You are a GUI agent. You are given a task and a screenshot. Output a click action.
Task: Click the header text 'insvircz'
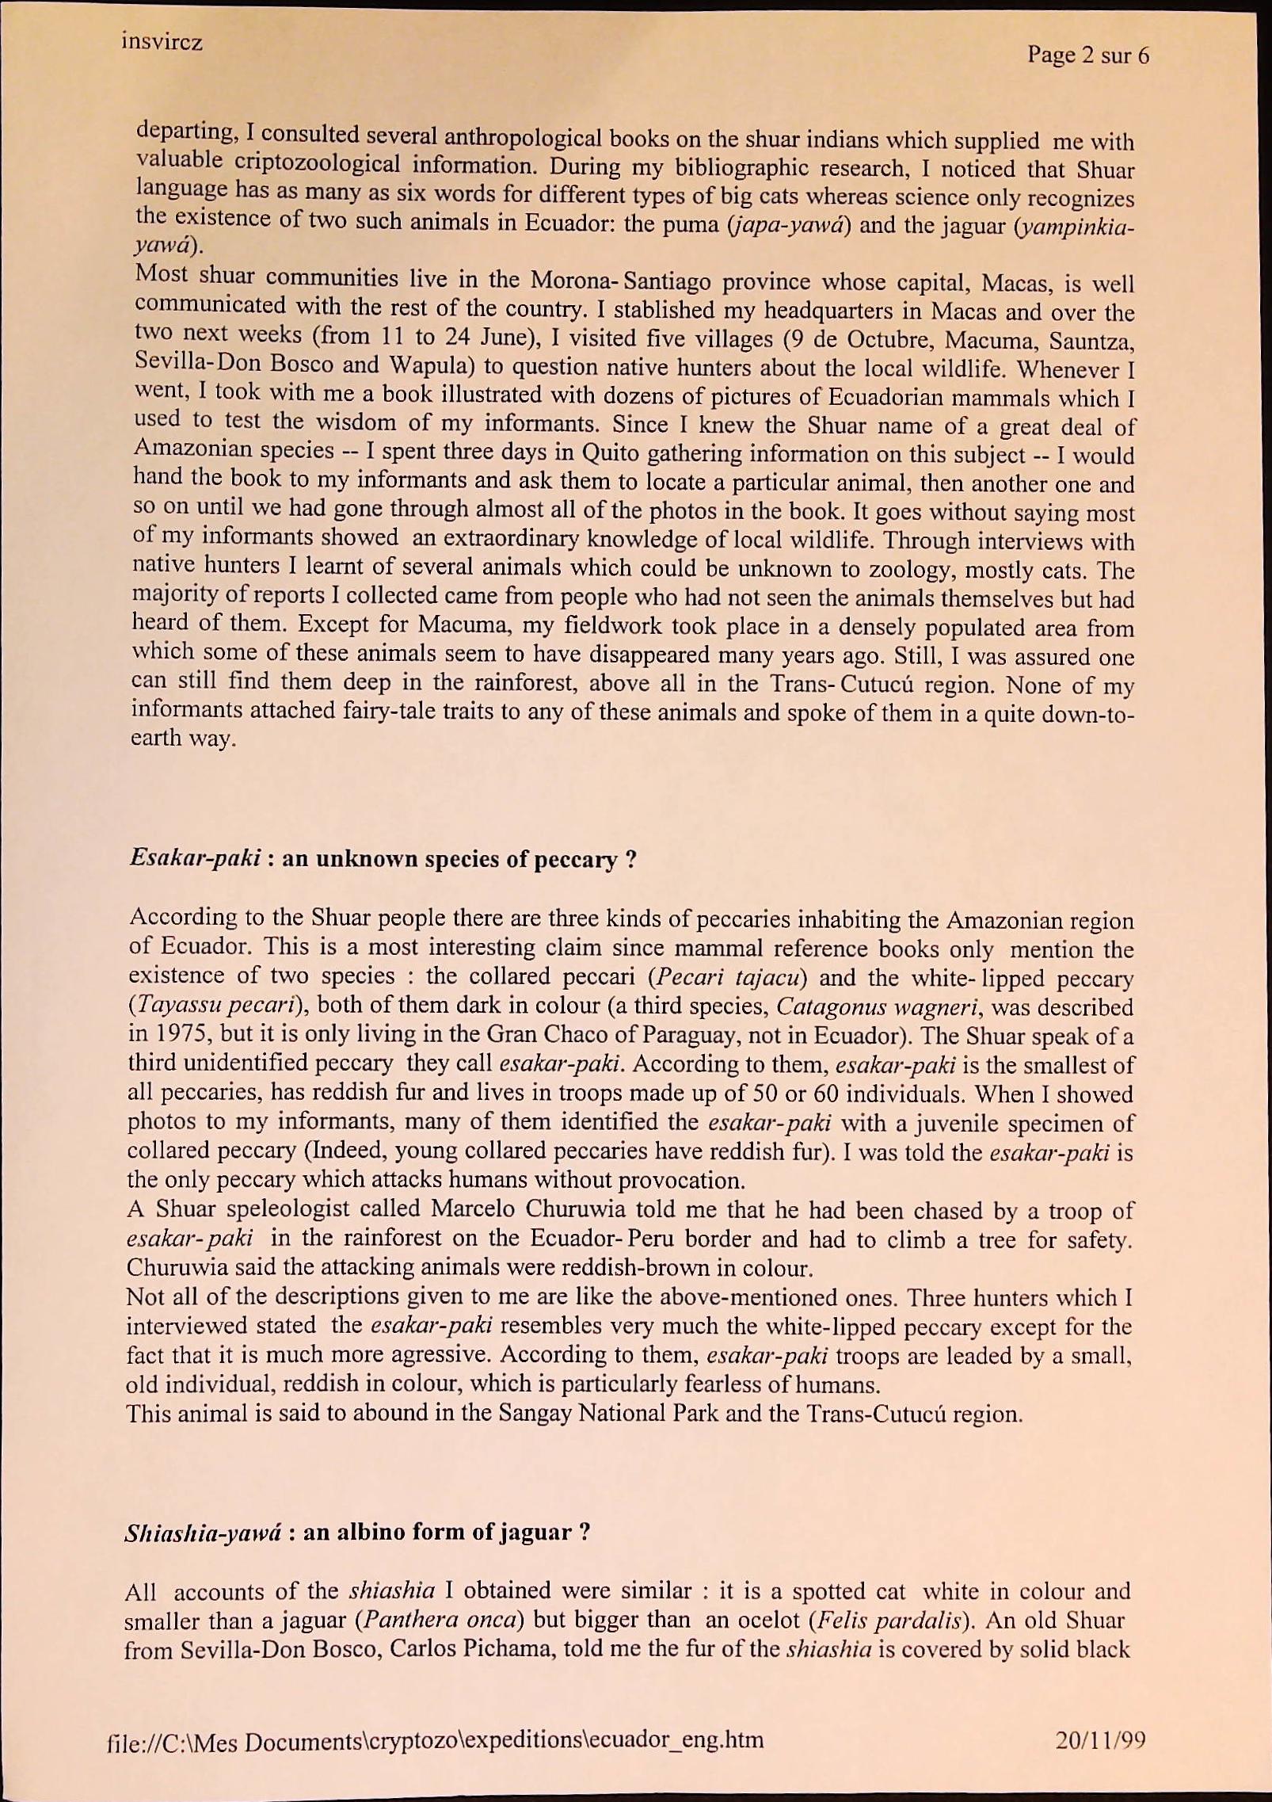pyautogui.click(x=162, y=41)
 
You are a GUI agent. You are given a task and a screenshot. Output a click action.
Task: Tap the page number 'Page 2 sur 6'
pyautogui.click(x=1087, y=55)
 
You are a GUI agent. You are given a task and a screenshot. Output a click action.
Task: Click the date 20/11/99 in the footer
pyautogui.click(x=1100, y=1739)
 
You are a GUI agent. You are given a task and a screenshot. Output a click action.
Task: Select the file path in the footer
pyautogui.click(x=435, y=1739)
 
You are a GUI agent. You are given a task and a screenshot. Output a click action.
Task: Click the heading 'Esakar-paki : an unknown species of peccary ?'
pyautogui.click(x=383, y=859)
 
